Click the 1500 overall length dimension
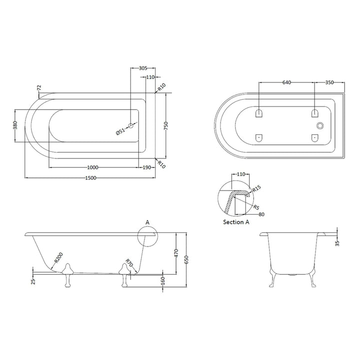pyautogui.click(x=90, y=178)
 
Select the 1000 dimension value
pyautogui.click(x=92, y=167)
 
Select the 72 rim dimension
pyautogui.click(x=38, y=88)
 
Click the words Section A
pyautogui.click(x=237, y=221)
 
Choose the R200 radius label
pyautogui.click(x=58, y=257)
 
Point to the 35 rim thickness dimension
pyautogui.click(x=338, y=242)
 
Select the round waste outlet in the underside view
pyautogui.click(x=320, y=126)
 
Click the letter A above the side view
pyautogui.click(x=147, y=221)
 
